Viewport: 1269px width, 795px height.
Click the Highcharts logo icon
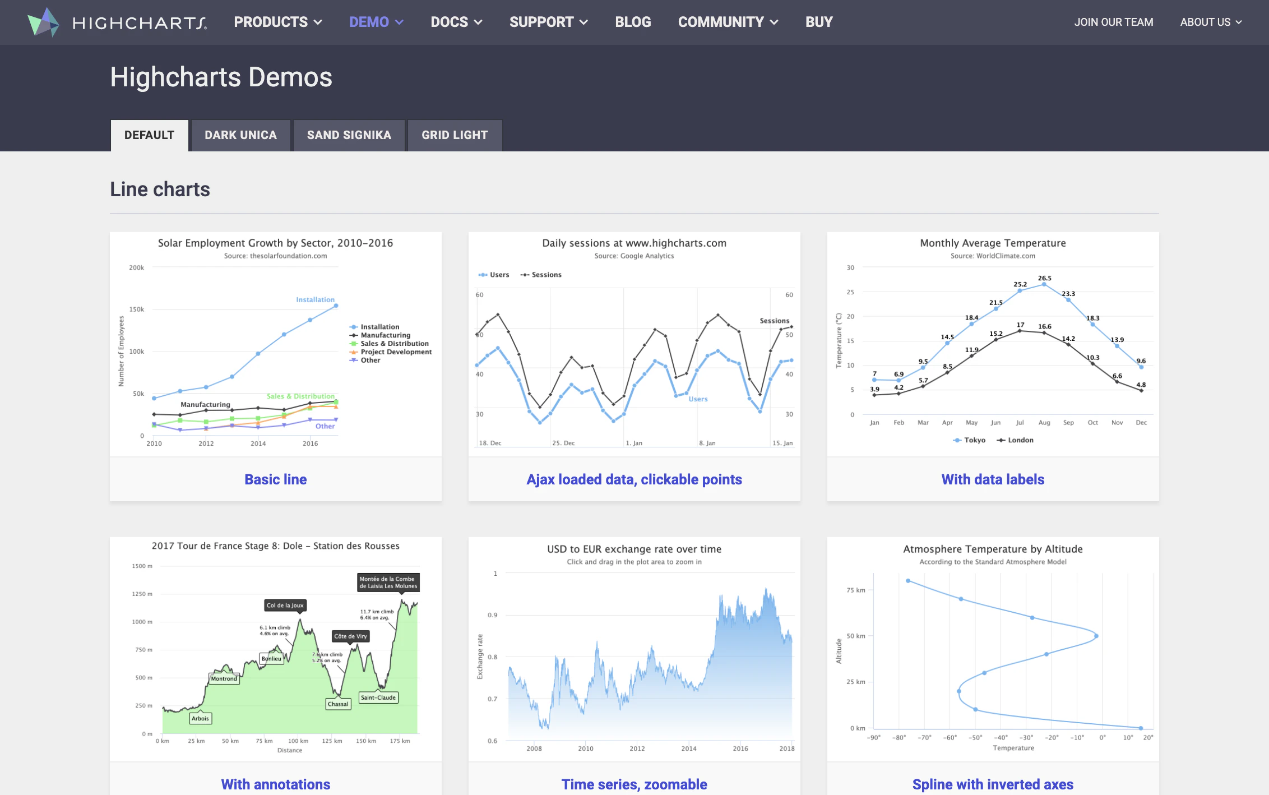43,22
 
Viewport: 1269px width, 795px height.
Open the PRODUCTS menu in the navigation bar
277,22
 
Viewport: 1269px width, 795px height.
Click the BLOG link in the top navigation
633,22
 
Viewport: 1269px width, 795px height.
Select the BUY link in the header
819,22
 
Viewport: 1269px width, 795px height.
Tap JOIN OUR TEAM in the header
1113,22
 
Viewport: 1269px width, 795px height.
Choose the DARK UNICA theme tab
240,135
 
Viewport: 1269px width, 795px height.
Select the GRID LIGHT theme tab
455,135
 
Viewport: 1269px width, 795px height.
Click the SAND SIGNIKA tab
349,135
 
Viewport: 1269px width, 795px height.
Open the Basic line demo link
275,479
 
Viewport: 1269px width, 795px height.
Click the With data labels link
993,479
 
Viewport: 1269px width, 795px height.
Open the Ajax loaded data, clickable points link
634,479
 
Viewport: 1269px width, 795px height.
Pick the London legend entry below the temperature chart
1015,440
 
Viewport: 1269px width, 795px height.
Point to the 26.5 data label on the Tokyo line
1044,278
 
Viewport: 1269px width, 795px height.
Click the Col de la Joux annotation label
285,606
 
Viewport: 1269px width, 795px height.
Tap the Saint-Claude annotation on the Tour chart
378,697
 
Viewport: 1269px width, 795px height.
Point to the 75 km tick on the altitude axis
856,590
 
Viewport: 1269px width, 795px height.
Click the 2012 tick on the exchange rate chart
637,748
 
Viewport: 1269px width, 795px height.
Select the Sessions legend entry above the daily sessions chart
541,275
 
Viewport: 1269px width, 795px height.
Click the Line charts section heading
160,189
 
